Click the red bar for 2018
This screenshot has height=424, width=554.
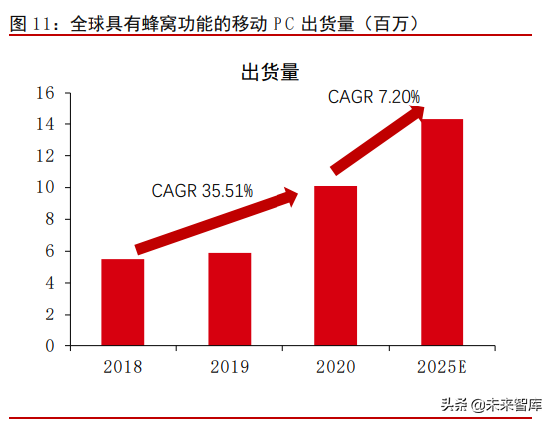pos(122,303)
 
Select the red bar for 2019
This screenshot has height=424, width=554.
pos(229,300)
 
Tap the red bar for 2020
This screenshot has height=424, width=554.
pos(335,266)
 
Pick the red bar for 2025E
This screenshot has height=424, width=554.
pos(442,233)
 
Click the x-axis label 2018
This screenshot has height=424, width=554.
pos(122,366)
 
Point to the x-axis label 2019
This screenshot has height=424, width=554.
pos(229,366)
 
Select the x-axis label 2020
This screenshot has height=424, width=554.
pos(335,366)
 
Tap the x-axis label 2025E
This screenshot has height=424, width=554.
pos(442,366)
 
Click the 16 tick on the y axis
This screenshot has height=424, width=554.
pos(44,93)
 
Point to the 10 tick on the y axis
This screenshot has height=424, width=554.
pos(44,188)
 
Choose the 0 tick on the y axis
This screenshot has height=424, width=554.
pos(49,346)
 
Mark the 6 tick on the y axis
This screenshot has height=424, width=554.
pos(49,252)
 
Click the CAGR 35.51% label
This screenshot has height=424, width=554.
pos(202,190)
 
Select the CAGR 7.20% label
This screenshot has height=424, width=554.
pos(374,97)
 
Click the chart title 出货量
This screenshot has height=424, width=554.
pos(271,71)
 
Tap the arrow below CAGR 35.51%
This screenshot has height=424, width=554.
pos(217,220)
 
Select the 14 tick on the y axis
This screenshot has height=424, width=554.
pos(44,124)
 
